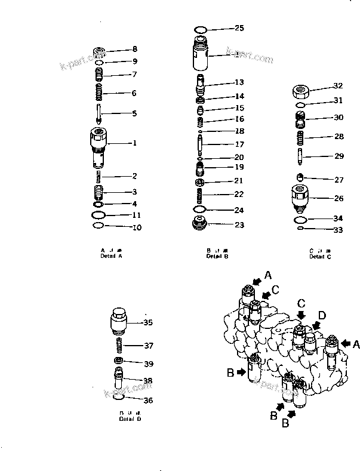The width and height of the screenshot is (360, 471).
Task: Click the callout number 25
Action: [x=239, y=28]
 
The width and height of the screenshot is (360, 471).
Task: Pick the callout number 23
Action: [x=239, y=225]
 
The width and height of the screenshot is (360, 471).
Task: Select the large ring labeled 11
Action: [x=100, y=214]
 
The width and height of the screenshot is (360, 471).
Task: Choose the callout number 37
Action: [x=148, y=345]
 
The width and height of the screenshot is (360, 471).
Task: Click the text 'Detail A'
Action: [x=112, y=255]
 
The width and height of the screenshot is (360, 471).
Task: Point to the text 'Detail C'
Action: [x=317, y=257]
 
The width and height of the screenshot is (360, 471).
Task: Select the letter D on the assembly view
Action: [x=322, y=314]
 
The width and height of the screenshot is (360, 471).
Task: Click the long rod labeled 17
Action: [x=201, y=144]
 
